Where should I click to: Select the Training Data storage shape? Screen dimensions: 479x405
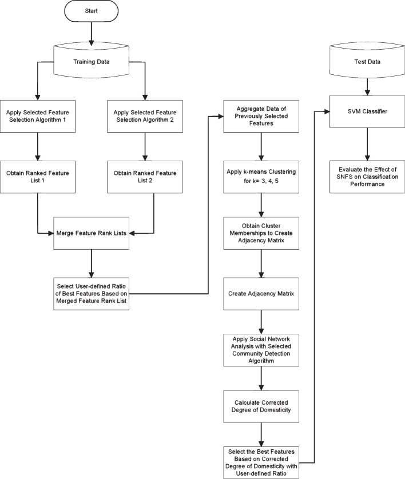click(92, 61)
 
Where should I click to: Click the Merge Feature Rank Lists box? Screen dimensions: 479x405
click(92, 233)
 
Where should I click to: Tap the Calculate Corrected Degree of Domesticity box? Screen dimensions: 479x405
click(261, 407)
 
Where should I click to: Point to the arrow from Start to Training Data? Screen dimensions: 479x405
click(92, 35)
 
